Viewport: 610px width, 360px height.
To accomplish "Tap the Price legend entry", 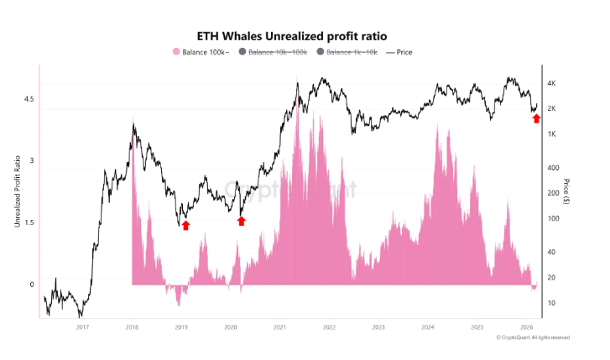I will [402, 52].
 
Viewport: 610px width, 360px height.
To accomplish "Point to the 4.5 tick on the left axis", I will [29, 99].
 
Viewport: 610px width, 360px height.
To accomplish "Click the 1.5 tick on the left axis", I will [29, 222].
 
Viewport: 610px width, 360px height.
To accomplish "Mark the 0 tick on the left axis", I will [32, 284].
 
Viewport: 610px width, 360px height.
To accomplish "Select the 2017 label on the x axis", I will [82, 327].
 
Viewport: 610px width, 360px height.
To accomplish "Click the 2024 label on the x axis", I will [428, 327].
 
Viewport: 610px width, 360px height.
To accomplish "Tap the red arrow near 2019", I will [185, 225].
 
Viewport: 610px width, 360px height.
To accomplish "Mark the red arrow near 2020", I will [242, 221].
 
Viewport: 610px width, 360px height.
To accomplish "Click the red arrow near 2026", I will [537, 118].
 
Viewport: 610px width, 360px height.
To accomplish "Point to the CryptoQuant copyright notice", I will [533, 337].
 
